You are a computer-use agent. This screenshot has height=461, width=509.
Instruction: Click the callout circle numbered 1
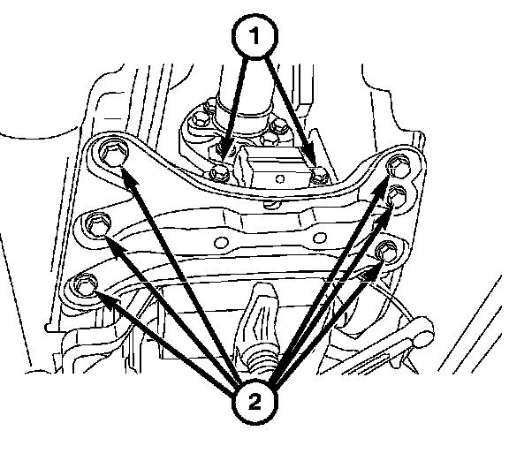point(254,35)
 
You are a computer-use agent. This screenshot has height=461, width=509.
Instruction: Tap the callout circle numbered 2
point(254,403)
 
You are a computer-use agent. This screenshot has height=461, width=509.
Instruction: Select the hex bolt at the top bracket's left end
point(112,153)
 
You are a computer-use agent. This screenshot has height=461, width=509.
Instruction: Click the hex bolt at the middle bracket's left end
point(98,225)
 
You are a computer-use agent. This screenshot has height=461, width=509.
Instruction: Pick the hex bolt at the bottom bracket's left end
point(86,284)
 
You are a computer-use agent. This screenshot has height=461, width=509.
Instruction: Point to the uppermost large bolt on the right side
point(399,168)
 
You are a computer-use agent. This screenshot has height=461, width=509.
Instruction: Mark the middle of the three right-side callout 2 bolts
point(397,196)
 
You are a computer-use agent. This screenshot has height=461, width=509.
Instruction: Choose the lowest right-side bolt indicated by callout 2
point(386,250)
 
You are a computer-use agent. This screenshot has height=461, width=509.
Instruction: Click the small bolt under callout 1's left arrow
point(220,174)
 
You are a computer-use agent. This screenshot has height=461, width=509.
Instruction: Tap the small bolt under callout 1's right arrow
point(319,175)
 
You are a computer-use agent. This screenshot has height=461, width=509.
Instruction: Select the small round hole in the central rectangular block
point(280,178)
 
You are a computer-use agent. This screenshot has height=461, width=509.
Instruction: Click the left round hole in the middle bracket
point(222,243)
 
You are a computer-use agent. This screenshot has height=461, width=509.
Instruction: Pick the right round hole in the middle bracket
point(319,238)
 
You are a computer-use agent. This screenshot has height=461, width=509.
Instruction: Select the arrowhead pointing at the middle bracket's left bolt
point(114,244)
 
